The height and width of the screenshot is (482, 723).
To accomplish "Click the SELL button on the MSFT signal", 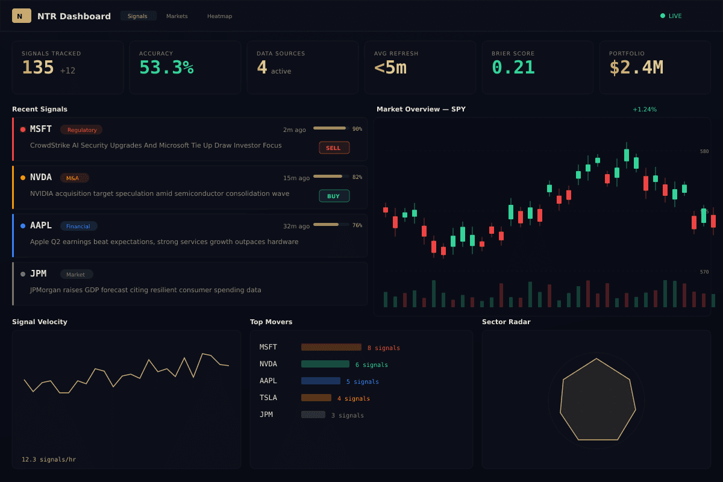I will tap(334, 148).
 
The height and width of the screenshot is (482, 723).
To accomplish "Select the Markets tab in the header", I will tap(177, 16).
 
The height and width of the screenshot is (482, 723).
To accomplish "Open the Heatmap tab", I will tap(219, 16).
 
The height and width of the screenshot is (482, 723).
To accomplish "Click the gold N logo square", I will tap(21, 16).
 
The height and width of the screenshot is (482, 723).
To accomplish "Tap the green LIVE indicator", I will tap(671, 16).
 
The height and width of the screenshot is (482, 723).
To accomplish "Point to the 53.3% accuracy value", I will tap(166, 67).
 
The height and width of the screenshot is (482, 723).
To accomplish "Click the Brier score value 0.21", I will tap(513, 67).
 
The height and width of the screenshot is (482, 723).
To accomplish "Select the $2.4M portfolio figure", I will tap(636, 67).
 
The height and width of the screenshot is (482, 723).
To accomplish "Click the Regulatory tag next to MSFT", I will tap(81, 130).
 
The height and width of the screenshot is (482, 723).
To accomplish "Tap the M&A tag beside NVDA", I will tap(74, 178).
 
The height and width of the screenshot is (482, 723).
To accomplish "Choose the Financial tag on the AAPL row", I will tap(78, 226).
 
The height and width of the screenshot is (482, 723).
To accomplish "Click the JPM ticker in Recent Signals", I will tap(38, 274).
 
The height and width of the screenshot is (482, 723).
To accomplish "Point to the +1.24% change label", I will tap(645, 110).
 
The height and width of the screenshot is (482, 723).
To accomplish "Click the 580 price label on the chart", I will tap(704, 151).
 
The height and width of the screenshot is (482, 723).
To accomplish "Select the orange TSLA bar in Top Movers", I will tap(316, 398).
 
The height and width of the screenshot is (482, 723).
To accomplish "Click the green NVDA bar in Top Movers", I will tap(325, 364).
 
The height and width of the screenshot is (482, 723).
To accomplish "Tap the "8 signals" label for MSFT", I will tap(384, 348).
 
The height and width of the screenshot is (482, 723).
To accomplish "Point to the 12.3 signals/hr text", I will tap(49, 460).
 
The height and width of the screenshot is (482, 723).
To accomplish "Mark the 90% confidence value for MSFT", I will tap(357, 129).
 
